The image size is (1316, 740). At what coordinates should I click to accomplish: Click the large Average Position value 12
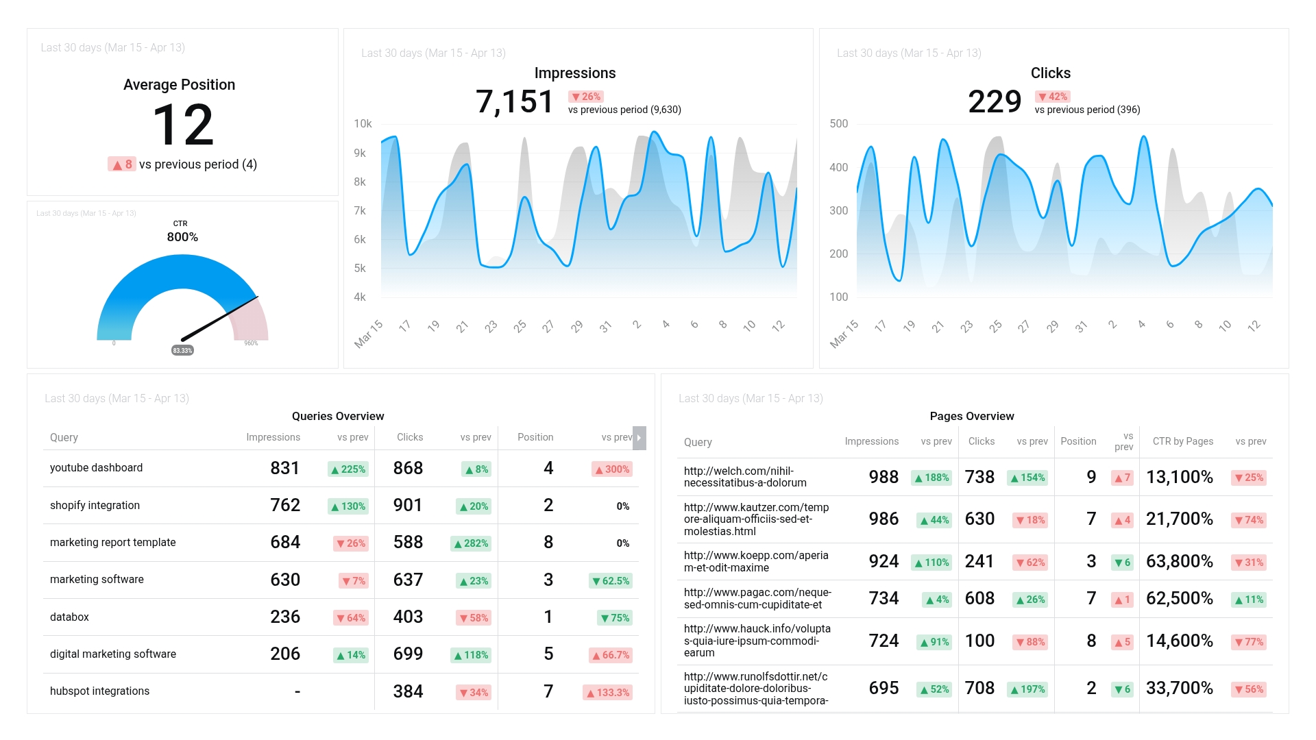click(x=183, y=125)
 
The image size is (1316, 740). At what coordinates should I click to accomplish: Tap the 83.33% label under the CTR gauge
click(x=182, y=350)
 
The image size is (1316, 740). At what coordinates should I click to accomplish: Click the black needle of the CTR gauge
click(x=219, y=318)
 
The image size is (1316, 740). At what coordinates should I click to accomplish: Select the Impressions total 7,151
click(x=514, y=102)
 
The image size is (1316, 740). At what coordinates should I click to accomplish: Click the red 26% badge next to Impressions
click(x=586, y=97)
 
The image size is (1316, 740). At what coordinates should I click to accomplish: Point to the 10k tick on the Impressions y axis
click(x=363, y=124)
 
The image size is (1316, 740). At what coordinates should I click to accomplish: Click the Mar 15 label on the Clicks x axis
click(x=844, y=334)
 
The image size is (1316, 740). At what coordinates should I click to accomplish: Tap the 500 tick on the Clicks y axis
click(x=838, y=124)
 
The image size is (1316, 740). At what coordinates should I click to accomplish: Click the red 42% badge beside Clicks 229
click(x=1053, y=97)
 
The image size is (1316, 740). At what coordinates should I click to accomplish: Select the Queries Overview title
click(x=338, y=416)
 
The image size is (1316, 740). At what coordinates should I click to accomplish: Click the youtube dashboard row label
click(x=96, y=468)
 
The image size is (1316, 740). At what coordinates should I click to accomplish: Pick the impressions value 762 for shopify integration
click(x=285, y=506)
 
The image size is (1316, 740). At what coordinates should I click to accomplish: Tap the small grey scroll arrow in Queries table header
click(x=639, y=438)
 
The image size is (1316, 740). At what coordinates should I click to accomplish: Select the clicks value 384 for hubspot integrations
click(x=408, y=691)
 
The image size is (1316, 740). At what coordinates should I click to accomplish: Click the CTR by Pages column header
click(x=1182, y=441)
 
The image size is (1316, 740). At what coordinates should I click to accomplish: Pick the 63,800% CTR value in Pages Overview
click(x=1179, y=562)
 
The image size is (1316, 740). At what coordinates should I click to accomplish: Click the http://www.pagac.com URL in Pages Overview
click(x=757, y=598)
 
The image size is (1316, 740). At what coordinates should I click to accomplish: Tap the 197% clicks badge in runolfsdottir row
click(x=1027, y=689)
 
